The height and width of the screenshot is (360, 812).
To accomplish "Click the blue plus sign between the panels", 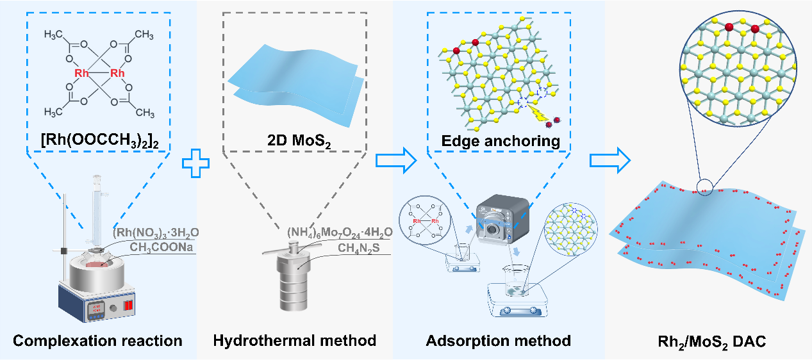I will click(196, 161).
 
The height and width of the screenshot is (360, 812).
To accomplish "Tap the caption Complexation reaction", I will click(98, 341).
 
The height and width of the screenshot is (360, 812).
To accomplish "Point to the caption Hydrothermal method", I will click(295, 341).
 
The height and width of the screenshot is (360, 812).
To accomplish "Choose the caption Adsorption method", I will click(499, 341).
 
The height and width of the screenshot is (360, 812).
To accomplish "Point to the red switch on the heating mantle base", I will click(129, 305).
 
